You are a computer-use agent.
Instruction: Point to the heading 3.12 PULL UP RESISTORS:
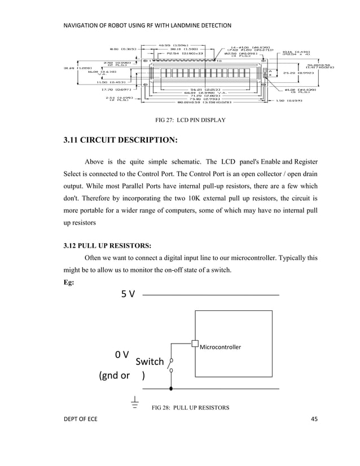[x=107, y=245]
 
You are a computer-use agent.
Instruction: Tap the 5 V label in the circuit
[x=128, y=294]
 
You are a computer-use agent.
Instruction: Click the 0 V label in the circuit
[x=122, y=355]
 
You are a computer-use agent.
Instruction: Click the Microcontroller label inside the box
[x=221, y=347]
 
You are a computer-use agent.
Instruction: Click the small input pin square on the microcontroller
[x=195, y=344]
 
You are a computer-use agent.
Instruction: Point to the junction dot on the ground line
[x=171, y=389]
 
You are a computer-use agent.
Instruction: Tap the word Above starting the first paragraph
[x=97, y=169]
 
